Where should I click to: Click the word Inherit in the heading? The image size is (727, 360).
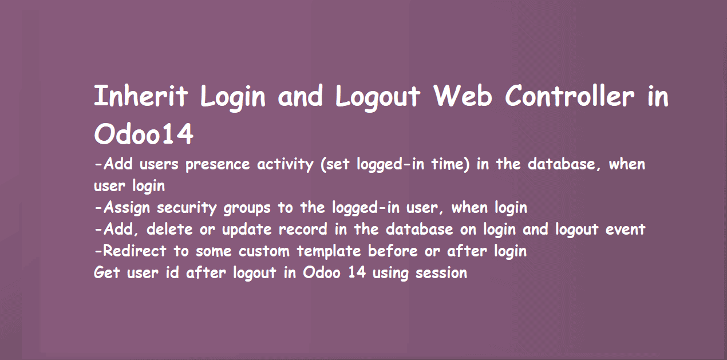141,96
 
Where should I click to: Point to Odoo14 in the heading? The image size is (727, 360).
144,135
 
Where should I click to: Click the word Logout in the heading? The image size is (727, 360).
378,96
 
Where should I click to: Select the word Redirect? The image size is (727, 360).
135,251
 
